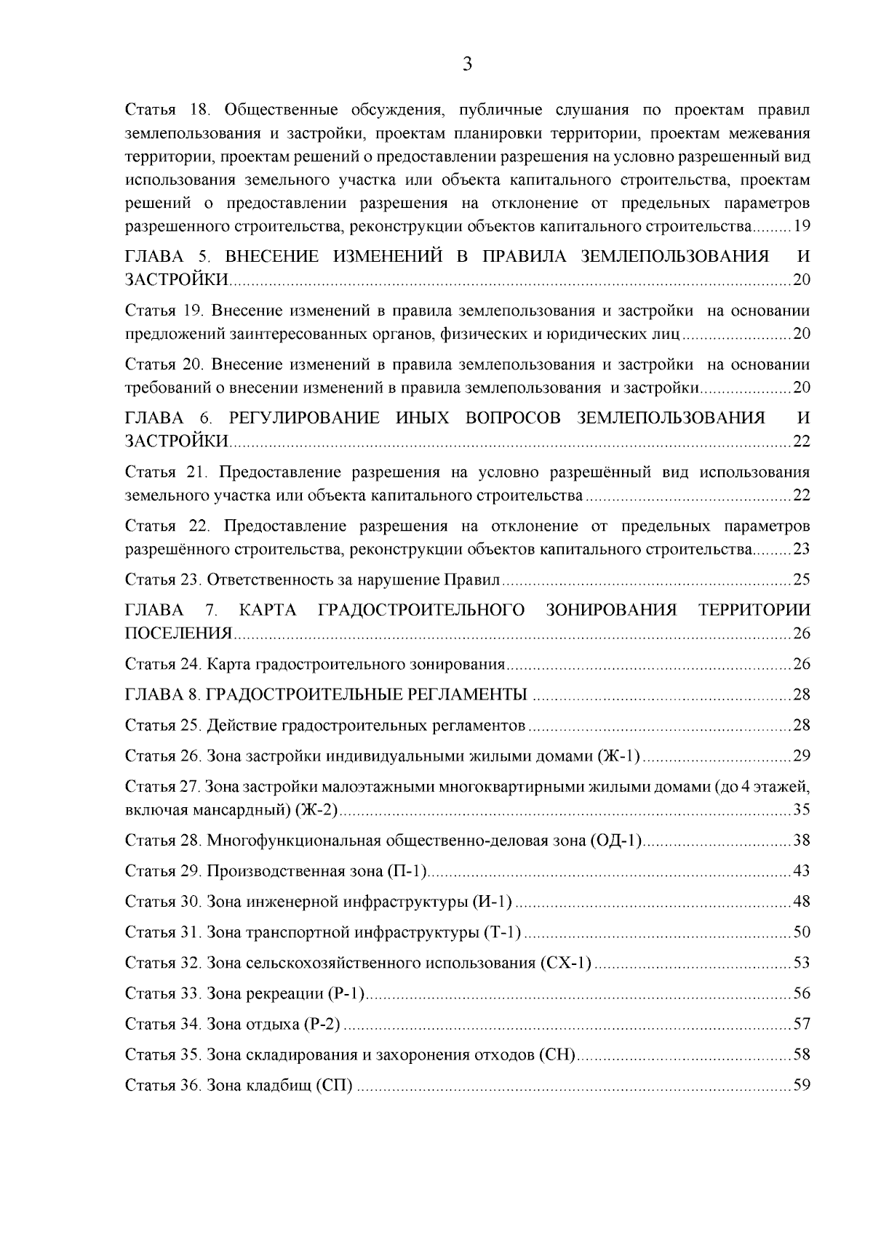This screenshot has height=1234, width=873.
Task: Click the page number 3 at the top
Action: (x=468, y=65)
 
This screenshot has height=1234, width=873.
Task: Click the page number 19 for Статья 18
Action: (x=802, y=226)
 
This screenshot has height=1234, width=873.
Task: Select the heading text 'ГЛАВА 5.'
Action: (x=167, y=257)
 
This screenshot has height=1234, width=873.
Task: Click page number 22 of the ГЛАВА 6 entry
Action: (x=802, y=441)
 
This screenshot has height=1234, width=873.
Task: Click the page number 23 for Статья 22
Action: (x=802, y=550)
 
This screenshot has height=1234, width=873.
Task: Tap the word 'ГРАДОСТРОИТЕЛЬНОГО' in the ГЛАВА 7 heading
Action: (x=422, y=610)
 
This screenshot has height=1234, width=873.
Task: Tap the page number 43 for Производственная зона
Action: (x=802, y=871)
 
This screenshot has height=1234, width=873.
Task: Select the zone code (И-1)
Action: (x=493, y=902)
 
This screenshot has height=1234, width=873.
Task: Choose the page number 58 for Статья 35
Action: (x=802, y=1055)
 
